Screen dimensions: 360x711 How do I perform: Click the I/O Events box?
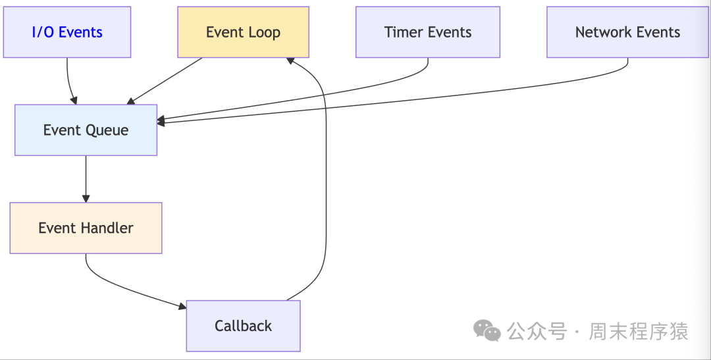click(67, 32)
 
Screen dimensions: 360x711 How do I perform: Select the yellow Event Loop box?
click(243, 32)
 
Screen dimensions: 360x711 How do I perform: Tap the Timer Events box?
click(428, 32)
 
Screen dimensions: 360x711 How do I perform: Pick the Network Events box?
click(627, 32)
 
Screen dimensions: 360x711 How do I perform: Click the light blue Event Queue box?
click(86, 130)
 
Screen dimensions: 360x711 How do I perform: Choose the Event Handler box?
click(86, 228)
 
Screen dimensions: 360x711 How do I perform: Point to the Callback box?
click(243, 326)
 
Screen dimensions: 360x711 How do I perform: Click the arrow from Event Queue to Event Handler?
click(86, 178)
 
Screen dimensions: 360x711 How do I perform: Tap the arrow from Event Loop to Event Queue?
click(165, 80)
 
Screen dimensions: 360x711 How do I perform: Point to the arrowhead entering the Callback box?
click(182, 306)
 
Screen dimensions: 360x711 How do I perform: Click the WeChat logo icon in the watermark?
click(488, 331)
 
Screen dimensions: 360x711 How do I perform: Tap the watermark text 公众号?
click(537, 331)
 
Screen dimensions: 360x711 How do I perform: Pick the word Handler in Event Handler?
click(107, 228)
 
